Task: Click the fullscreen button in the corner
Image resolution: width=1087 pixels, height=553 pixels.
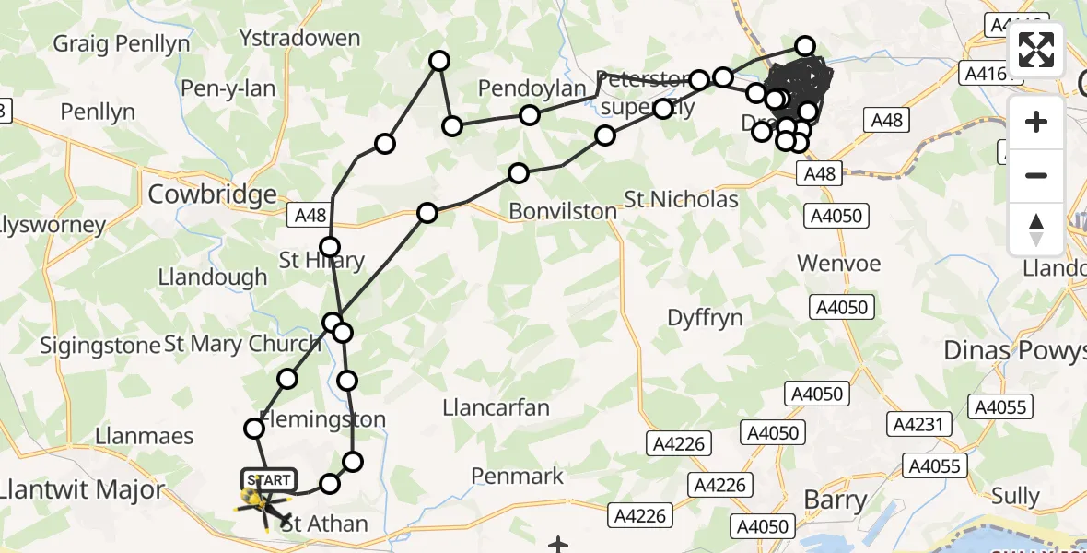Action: click(1036, 50)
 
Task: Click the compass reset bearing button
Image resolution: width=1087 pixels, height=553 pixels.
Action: click(1036, 229)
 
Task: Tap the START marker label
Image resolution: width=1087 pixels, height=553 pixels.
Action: click(269, 480)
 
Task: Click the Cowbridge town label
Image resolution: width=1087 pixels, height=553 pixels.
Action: click(212, 194)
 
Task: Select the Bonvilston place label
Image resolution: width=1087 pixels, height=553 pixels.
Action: click(563, 211)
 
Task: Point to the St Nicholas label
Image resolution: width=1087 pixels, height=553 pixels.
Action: click(681, 199)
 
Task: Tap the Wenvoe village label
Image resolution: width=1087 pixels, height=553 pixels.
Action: click(838, 264)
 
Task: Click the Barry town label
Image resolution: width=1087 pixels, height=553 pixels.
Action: click(836, 501)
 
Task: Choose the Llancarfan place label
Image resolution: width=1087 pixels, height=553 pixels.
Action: click(496, 407)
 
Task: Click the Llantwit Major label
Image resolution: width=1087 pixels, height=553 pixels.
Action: click(82, 489)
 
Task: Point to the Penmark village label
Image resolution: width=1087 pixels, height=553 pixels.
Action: click(517, 476)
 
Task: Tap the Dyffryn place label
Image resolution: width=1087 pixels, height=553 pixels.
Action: click(705, 318)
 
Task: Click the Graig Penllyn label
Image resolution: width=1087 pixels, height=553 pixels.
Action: click(122, 43)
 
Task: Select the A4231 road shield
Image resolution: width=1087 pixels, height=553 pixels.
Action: click(917, 424)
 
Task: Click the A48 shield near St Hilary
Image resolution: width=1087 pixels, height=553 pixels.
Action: click(312, 215)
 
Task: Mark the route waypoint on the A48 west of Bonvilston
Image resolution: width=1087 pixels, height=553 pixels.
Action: click(427, 214)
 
